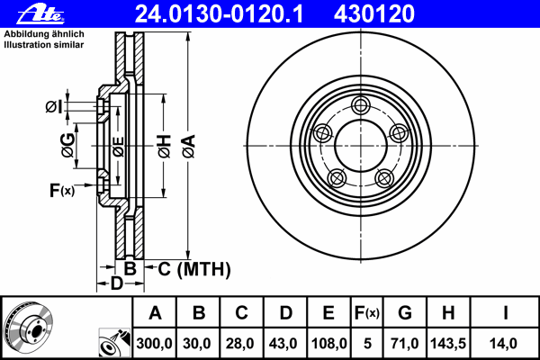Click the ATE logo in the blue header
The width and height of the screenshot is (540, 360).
point(40,14)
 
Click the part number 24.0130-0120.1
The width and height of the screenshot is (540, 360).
point(219,14)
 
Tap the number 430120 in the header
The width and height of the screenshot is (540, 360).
point(374,14)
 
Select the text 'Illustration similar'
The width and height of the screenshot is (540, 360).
point(44,45)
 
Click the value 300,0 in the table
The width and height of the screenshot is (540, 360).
point(154,344)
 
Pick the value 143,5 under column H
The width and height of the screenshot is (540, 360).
point(448,344)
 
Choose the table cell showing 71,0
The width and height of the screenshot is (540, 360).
point(405,344)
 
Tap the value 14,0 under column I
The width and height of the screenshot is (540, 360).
point(503,344)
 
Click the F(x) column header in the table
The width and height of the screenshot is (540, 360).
point(367,313)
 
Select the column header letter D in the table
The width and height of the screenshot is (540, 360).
point(285,313)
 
